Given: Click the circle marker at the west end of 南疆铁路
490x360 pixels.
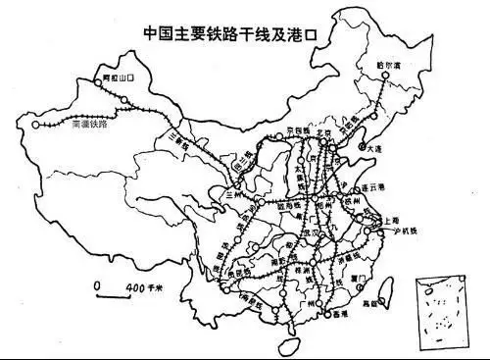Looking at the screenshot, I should coord(35,126).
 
